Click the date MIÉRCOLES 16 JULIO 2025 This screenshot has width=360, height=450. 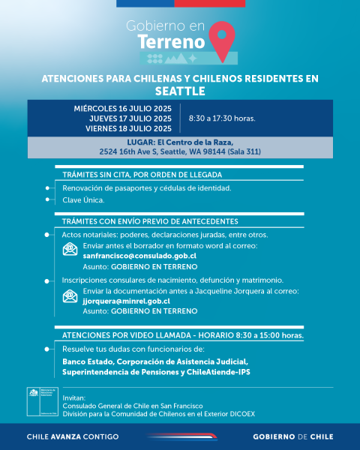pyautogui.click(x=123, y=109)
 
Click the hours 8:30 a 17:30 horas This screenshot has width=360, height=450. pyautogui.click(x=222, y=118)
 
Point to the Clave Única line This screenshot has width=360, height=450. pyautogui.click(x=83, y=200)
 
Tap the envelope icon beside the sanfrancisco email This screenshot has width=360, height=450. pyautogui.click(x=70, y=250)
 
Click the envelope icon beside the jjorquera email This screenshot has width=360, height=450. pyautogui.click(x=70, y=296)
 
